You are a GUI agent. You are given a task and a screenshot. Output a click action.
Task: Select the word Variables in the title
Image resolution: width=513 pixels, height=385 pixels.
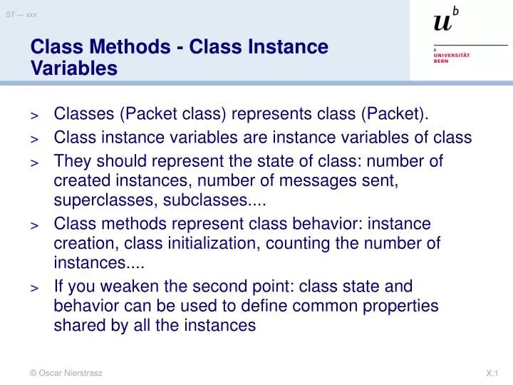73,68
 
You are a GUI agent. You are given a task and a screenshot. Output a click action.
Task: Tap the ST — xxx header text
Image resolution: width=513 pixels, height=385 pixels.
21,14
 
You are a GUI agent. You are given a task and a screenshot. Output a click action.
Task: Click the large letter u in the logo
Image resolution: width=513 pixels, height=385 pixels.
442,23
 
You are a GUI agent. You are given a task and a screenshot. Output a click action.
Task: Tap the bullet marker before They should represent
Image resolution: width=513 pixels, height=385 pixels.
34,163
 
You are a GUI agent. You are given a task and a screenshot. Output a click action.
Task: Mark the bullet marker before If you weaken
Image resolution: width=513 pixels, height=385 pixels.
34,288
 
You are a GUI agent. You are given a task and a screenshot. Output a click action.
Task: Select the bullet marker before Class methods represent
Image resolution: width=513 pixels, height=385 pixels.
34,225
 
